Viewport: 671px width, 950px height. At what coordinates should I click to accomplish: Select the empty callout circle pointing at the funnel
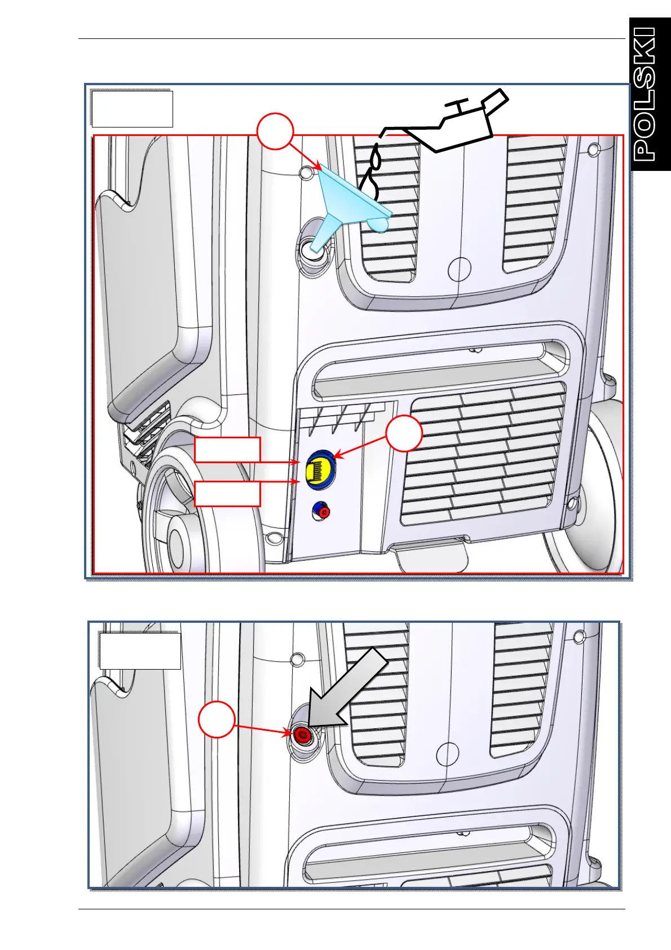coord(275,132)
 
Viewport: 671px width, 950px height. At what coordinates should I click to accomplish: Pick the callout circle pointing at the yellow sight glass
coord(404,434)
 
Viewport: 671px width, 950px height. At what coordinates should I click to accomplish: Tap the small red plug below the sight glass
coord(323,512)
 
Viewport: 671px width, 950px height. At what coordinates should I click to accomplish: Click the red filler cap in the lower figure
coord(303,735)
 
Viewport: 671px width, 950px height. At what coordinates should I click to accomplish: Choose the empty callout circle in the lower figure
coord(217,719)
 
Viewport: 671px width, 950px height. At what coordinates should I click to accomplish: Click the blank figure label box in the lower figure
coord(140,650)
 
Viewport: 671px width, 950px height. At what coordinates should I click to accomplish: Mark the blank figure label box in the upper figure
coord(132,108)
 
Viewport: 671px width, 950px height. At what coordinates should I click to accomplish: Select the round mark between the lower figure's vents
coord(448,753)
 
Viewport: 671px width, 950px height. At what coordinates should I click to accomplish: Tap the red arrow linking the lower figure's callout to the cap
coord(262,729)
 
